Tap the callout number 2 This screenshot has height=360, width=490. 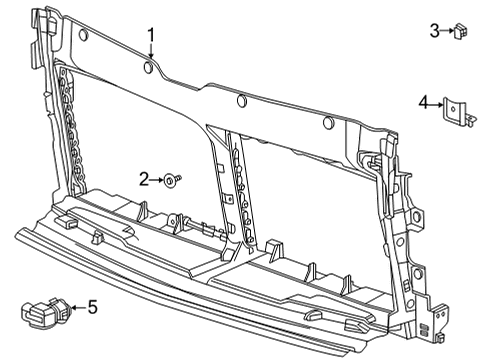pyautogui.click(x=145, y=179)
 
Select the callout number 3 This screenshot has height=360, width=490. pyautogui.click(x=435, y=31)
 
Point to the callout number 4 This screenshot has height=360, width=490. pyautogui.click(x=424, y=101)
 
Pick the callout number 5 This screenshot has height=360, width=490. pyautogui.click(x=92, y=307)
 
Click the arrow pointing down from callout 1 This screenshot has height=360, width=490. pyautogui.click(x=151, y=54)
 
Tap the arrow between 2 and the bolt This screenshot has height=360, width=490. pyautogui.click(x=158, y=179)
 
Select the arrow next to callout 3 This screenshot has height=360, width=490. pyautogui.click(x=446, y=31)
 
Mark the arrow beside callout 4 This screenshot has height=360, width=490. pyautogui.click(x=436, y=102)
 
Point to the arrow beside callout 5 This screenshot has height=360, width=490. pyautogui.click(x=77, y=308)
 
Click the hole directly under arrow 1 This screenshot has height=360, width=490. pyautogui.click(x=149, y=68)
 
